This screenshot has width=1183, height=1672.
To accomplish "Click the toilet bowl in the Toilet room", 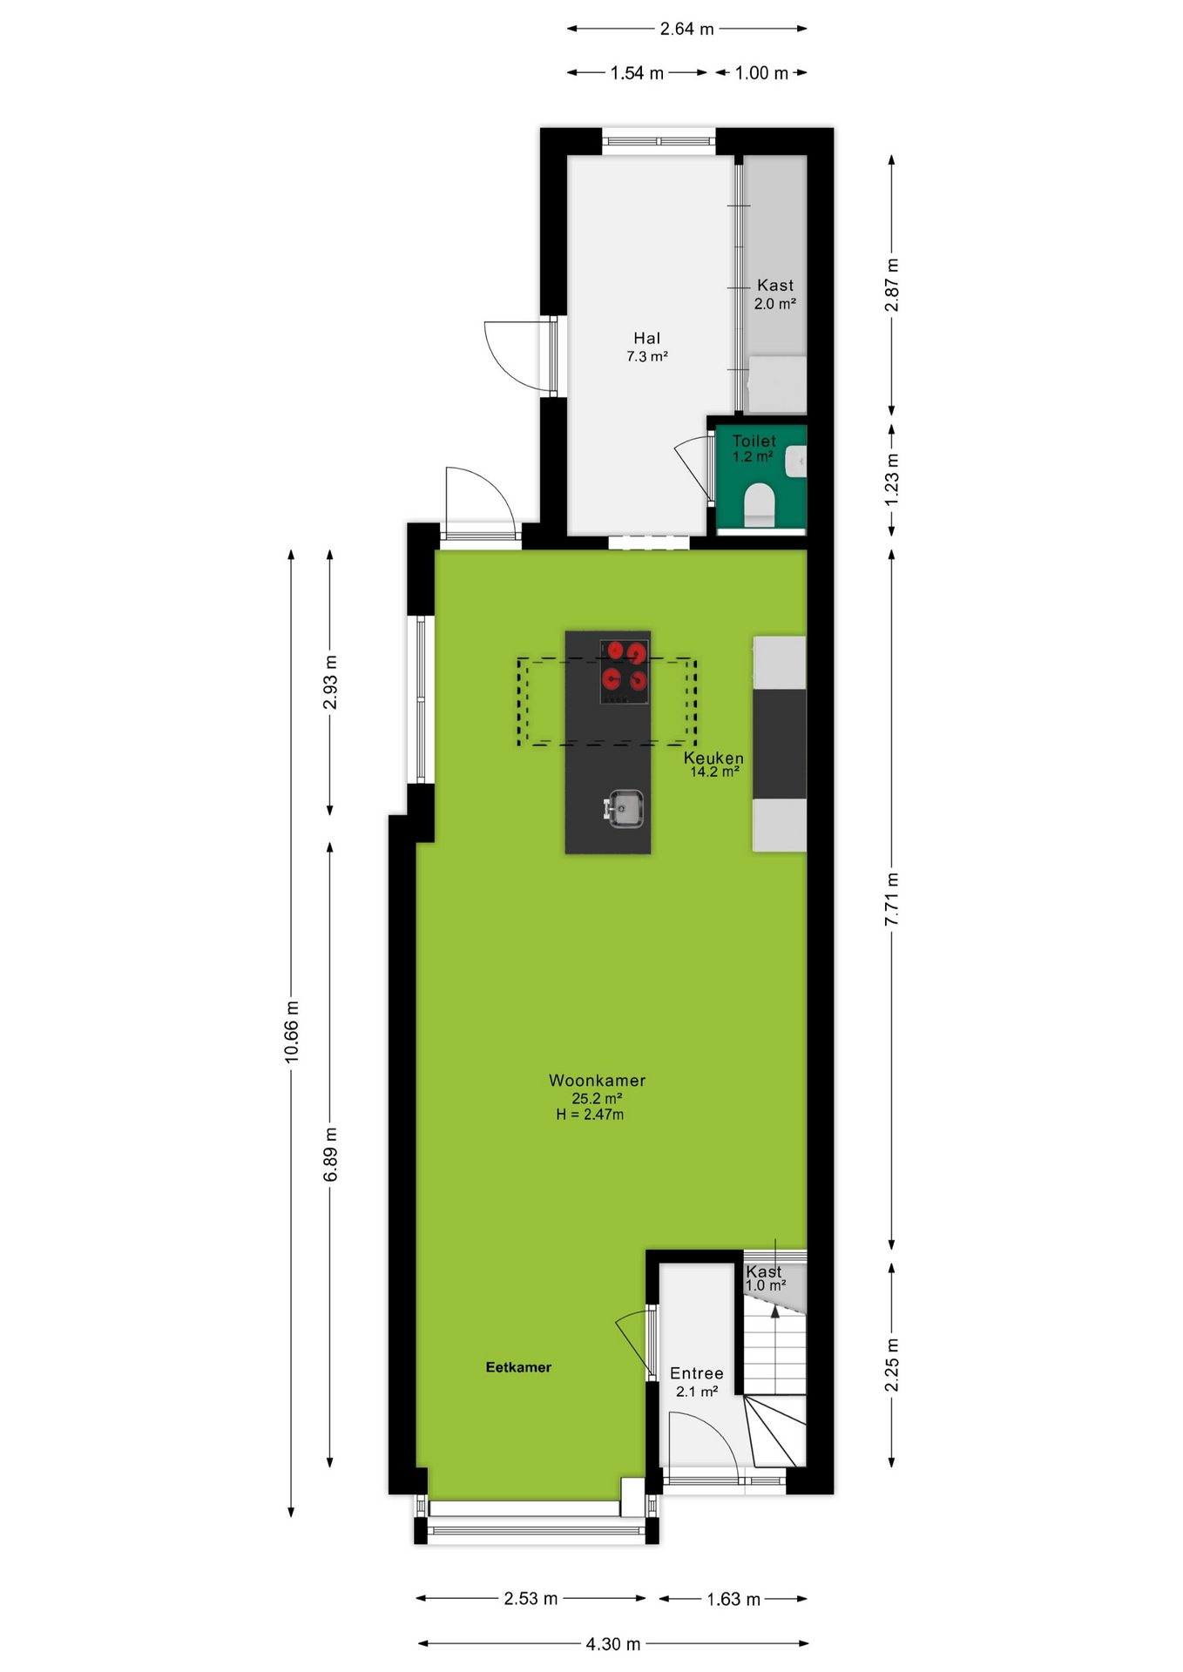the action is [759, 504].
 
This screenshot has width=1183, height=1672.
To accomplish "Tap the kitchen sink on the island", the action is [624, 808].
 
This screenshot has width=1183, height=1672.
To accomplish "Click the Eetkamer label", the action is [518, 1367].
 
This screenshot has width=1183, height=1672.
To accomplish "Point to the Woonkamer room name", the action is [597, 1080].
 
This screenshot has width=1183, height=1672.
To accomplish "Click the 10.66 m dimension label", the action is [292, 1032].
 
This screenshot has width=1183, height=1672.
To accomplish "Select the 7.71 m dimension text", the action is [892, 900].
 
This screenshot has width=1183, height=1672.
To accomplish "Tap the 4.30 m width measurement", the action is [613, 1644].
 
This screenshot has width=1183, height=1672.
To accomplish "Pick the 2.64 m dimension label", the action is [686, 29].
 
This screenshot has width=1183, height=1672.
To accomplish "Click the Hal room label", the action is [646, 338].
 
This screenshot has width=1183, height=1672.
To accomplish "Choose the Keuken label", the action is [713, 758].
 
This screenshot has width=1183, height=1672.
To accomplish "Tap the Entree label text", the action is [696, 1373].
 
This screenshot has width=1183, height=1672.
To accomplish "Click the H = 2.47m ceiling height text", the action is [590, 1115].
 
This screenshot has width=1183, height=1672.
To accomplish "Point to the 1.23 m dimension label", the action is [892, 480].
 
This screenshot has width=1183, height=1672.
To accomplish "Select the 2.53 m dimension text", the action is [531, 1599].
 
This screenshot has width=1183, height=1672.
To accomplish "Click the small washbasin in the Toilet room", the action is [796, 462].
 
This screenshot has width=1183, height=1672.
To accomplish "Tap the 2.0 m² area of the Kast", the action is [774, 304].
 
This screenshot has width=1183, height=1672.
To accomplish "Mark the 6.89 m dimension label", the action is [331, 1155].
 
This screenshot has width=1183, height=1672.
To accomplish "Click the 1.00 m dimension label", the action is [761, 73].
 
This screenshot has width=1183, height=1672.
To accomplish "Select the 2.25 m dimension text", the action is [892, 1365].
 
